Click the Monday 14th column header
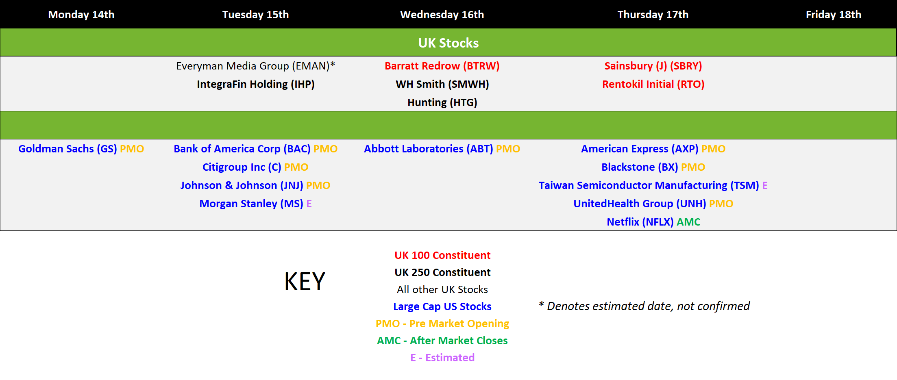tap(81, 15)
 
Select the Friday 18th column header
tap(834, 15)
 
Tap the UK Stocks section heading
tap(448, 43)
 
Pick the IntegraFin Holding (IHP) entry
tap(255, 84)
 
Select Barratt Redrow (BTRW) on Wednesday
tap(442, 66)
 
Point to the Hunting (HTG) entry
tap(442, 102)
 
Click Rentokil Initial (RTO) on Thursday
tap(653, 84)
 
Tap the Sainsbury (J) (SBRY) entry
tap(653, 66)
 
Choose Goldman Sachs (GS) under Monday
tap(67, 149)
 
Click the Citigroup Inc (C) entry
tap(242, 167)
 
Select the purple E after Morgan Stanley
tap(309, 204)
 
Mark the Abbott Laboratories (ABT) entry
tap(429, 149)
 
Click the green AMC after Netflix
tap(688, 222)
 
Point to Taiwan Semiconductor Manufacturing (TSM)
tap(649, 185)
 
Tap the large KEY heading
tap(305, 281)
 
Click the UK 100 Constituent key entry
tap(442, 255)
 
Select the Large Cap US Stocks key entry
tap(442, 306)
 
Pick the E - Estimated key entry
tap(442, 358)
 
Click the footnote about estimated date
tap(644, 306)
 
